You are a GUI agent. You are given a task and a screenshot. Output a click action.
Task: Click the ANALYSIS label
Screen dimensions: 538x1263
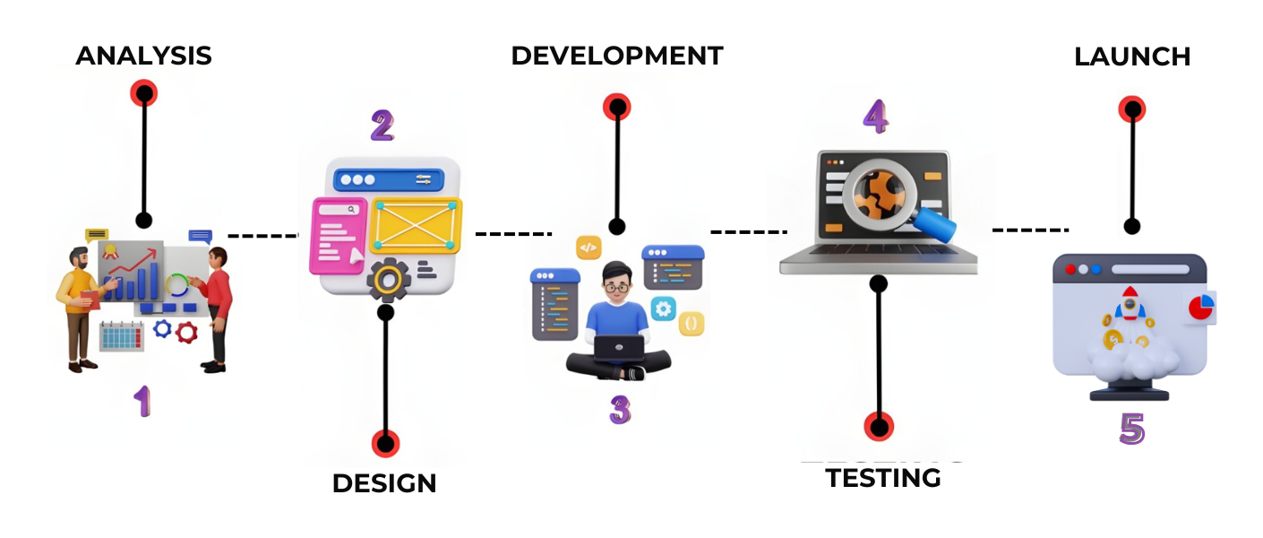pyautogui.click(x=143, y=56)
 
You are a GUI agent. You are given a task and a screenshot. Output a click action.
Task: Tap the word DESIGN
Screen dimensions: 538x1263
pyautogui.click(x=384, y=483)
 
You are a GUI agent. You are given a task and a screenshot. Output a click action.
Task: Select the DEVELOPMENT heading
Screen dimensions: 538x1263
pyautogui.click(x=616, y=56)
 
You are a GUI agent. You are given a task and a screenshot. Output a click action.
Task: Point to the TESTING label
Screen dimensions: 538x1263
pyautogui.click(x=882, y=478)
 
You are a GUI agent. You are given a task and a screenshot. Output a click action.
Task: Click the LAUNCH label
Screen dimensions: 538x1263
pyautogui.click(x=1132, y=56)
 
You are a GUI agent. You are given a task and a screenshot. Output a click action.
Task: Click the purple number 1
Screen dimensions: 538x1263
pyautogui.click(x=142, y=401)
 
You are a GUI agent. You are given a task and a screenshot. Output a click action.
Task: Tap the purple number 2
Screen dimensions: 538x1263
pyautogui.click(x=382, y=126)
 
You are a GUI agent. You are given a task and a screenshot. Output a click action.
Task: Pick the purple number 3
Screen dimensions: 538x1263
pyautogui.click(x=620, y=410)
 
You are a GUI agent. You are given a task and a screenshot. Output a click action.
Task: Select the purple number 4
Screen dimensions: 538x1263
pyautogui.click(x=875, y=117)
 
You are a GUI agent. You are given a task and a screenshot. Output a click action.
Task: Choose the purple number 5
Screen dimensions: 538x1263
pyautogui.click(x=1132, y=429)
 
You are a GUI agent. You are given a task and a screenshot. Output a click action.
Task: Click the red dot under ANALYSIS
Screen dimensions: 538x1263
pyautogui.click(x=143, y=92)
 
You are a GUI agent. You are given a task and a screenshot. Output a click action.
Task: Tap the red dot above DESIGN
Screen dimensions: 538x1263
pyautogui.click(x=385, y=443)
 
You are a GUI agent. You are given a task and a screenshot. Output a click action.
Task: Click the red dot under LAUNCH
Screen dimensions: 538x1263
pyautogui.click(x=1132, y=109)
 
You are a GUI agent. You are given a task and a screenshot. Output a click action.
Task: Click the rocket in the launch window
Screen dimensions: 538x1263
pyautogui.click(x=1130, y=306)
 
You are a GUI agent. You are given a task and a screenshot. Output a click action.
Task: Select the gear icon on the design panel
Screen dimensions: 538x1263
pyautogui.click(x=388, y=281)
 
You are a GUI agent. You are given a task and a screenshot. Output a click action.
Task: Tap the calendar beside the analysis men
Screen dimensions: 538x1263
pyautogui.click(x=121, y=336)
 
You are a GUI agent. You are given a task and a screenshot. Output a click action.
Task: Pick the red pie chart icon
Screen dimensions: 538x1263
pyautogui.click(x=1199, y=308)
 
